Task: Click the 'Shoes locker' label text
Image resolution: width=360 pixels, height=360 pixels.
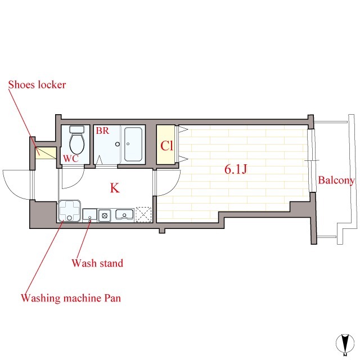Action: tap(37, 85)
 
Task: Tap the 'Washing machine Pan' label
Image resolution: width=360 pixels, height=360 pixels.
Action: tap(70, 298)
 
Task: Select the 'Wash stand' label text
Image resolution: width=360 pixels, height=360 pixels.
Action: tap(97, 263)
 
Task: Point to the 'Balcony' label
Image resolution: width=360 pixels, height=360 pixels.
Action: tap(336, 181)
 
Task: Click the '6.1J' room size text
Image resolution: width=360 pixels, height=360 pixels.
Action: tap(236, 170)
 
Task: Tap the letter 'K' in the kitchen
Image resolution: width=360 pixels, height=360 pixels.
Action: tap(114, 188)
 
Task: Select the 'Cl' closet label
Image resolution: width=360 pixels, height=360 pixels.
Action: tap(166, 146)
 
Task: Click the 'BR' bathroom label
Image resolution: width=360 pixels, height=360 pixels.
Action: tap(102, 130)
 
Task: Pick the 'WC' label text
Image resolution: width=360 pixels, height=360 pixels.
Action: tap(70, 158)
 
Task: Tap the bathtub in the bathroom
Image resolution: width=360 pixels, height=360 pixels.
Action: tap(133, 144)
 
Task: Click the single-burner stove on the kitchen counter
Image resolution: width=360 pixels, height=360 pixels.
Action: tap(105, 214)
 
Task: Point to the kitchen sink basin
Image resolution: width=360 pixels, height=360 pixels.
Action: tap(124, 214)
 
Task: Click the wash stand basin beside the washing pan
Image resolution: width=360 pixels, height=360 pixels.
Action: tap(90, 214)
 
